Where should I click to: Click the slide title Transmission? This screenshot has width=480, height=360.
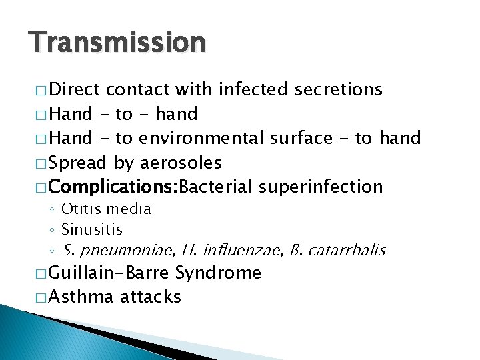click(117, 43)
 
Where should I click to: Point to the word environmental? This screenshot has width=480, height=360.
click(202, 138)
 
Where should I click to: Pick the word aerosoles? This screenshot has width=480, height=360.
click(181, 163)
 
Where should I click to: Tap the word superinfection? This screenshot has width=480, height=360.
click(321, 187)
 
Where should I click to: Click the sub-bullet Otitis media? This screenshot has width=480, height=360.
click(106, 209)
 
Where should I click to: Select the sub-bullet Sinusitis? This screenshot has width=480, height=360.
click(92, 230)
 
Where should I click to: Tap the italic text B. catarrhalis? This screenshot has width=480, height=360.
click(337, 251)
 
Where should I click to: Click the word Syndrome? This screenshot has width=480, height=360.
click(218, 273)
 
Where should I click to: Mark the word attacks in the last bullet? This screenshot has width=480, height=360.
click(150, 297)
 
